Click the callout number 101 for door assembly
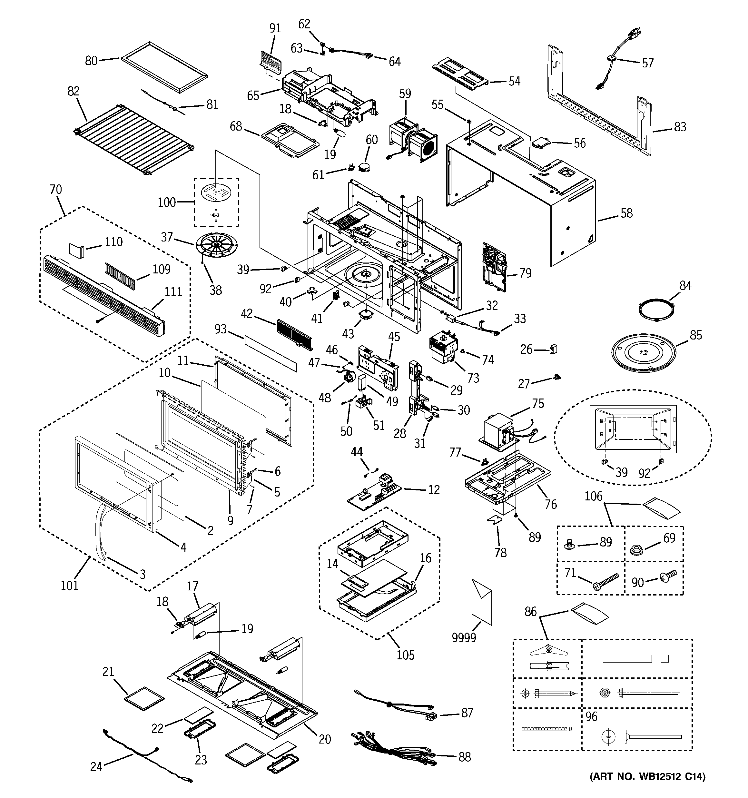tap(69, 585)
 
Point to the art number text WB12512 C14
tap(647, 788)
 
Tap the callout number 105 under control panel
tap(405, 655)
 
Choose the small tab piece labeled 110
tap(77, 250)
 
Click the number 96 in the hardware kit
tap(591, 716)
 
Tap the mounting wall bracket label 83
tap(680, 127)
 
